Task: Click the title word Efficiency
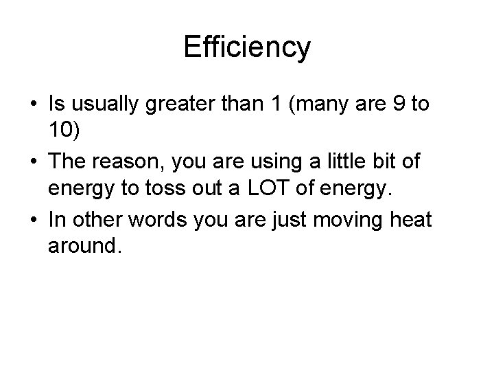tap(247, 47)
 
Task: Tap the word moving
tap(364, 219)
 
